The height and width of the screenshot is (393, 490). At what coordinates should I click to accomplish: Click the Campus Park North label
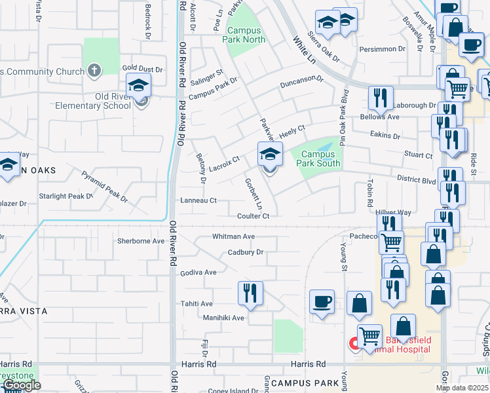(x=246, y=35)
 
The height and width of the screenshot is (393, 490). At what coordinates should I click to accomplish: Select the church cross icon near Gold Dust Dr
(x=94, y=71)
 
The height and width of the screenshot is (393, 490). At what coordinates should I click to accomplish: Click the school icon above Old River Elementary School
(x=139, y=86)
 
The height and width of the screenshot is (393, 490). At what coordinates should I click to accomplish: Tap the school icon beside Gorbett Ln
(x=270, y=155)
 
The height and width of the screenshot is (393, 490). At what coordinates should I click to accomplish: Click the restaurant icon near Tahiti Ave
(x=250, y=293)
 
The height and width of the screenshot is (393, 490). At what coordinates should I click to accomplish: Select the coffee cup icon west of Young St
(x=322, y=301)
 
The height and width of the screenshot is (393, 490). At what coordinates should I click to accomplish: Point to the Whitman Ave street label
(x=233, y=236)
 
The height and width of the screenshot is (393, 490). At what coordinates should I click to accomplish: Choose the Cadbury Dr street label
(x=245, y=252)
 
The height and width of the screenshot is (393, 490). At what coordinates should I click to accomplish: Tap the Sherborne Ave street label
(x=140, y=240)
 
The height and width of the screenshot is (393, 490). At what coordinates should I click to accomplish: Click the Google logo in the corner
(x=21, y=385)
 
